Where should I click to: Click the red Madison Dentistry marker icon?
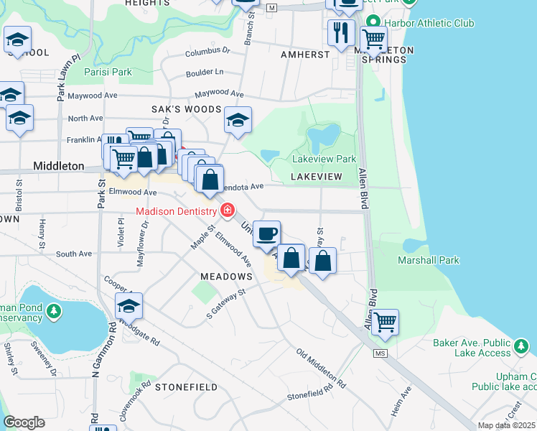228,210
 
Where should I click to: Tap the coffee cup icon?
267,233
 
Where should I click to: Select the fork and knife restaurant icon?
340,32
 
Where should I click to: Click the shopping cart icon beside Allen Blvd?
385,322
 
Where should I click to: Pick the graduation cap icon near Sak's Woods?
238,120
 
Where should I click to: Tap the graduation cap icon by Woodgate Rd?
129,306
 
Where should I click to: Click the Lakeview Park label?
324,159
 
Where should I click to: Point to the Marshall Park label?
429,260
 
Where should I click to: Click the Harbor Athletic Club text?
429,23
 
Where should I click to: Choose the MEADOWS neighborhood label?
226,277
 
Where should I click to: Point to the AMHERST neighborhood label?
305,54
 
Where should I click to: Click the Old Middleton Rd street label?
321,369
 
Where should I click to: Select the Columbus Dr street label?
207,52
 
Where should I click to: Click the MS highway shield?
380,353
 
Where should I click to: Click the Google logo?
24,422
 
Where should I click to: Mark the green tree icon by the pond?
54,310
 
